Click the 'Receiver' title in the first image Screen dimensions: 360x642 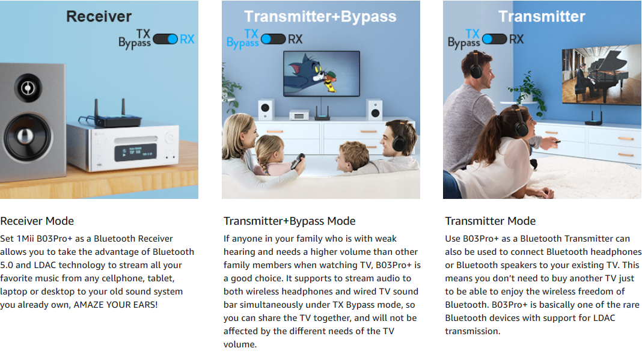pos(99,16)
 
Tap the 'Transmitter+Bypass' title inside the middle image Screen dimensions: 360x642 pos(320,16)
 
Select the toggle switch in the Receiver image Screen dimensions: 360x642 pos(165,39)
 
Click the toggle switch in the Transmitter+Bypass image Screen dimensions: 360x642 pos(273,40)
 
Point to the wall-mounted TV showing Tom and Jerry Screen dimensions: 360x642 pos(322,73)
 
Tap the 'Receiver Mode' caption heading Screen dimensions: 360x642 pos(37,221)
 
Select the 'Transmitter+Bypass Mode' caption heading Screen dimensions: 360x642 pos(289,221)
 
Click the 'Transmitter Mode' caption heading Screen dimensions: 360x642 pos(490,221)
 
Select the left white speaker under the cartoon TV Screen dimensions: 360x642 pos(266,109)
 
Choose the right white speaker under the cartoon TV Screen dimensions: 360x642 pos(375,109)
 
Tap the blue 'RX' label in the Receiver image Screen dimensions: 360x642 pos(187,39)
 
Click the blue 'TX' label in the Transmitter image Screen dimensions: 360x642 pos(472,33)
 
